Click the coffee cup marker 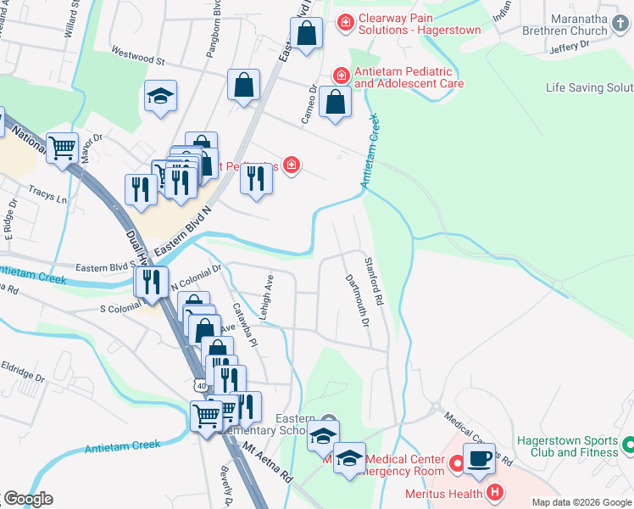479,459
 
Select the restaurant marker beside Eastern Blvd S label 152,282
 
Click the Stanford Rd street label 375,282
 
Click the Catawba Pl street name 245,323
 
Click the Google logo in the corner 29,498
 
